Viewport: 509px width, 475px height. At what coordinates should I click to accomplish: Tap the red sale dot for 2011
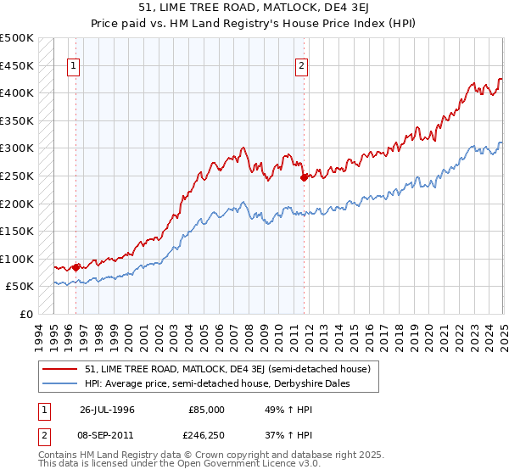[x=304, y=177]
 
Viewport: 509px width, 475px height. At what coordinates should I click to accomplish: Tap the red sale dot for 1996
[x=76, y=267]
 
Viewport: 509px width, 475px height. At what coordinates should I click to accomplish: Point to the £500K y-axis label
[x=17, y=38]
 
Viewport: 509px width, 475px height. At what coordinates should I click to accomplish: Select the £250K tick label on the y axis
[x=17, y=176]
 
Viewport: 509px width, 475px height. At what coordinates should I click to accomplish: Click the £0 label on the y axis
[x=27, y=314]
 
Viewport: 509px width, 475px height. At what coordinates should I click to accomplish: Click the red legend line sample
[x=60, y=370]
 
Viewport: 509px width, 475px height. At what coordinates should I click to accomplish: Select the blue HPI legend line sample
[x=60, y=384]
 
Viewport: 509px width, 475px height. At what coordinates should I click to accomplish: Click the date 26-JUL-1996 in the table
[x=107, y=409]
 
